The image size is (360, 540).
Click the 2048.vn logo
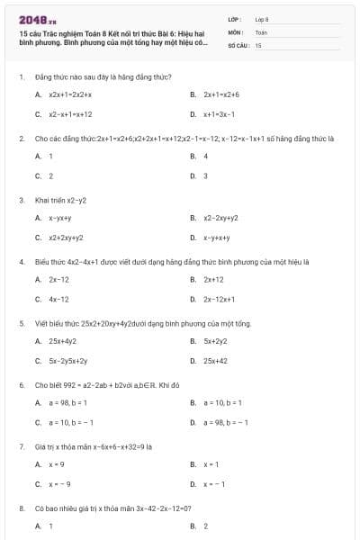tap(38, 19)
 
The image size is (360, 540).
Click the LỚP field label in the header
tap(235, 19)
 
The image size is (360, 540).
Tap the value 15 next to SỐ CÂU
tap(258, 44)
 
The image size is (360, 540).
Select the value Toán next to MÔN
tap(262, 31)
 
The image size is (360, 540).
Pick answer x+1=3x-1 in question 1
tap(219, 114)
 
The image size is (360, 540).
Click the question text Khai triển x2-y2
tap(60, 200)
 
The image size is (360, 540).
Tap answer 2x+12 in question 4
tap(213, 279)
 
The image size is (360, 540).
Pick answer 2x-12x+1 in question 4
tap(219, 299)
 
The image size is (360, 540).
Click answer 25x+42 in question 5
tap(215, 361)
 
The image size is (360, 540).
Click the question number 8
tap(21, 508)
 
